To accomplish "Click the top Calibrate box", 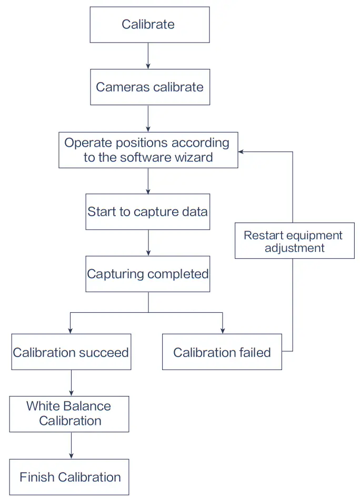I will point(149,25).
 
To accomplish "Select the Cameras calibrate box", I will point(149,87).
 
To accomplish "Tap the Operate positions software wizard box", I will point(148,150).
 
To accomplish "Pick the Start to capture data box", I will point(147,212).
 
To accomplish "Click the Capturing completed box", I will point(147,274).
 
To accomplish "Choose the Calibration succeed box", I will point(71,352).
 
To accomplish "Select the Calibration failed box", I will point(222,352).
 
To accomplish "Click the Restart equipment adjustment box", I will point(294,241).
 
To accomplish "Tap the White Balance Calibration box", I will point(69,414).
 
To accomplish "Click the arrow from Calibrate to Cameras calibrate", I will point(148,56).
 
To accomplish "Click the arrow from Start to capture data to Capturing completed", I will point(148,242).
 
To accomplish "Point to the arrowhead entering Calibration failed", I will point(222,330).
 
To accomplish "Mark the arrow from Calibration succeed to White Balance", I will point(71,383).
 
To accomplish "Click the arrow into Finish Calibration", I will point(71,445).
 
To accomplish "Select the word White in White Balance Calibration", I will point(43,406).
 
